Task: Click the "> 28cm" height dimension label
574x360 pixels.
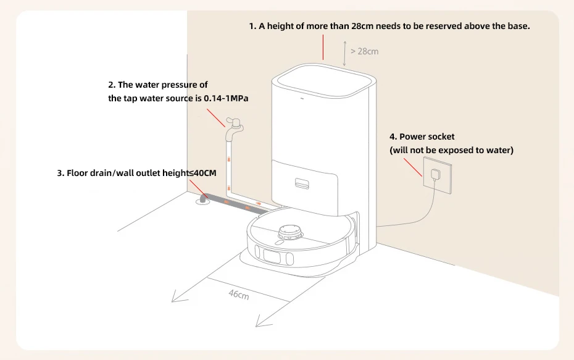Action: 365,51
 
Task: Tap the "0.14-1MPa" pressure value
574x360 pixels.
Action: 226,98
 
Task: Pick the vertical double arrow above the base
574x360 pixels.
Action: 344,52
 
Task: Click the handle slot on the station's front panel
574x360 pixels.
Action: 302,183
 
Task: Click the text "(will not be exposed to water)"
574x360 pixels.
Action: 451,150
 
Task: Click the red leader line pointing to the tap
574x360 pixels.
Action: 216,118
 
